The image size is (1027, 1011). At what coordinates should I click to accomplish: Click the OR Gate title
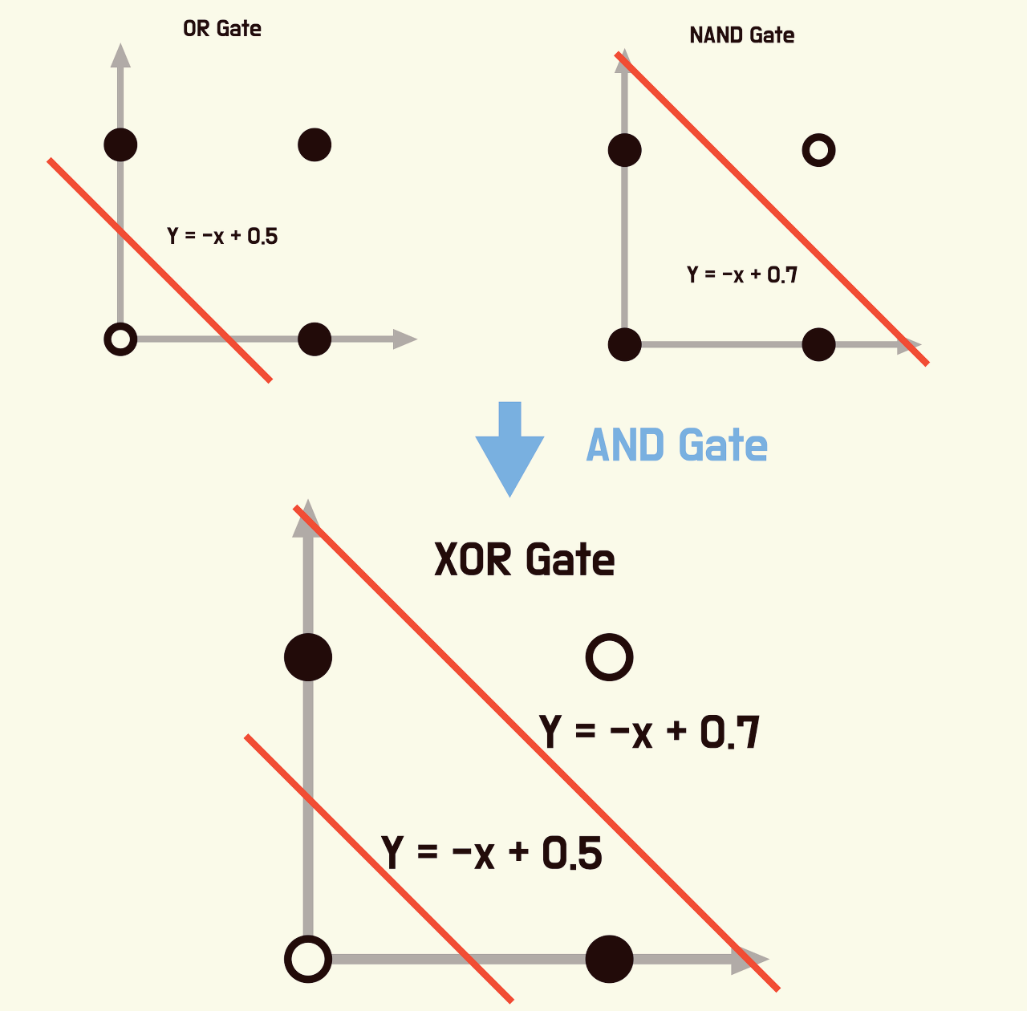coord(222,29)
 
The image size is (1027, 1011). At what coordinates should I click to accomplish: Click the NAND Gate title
coord(742,35)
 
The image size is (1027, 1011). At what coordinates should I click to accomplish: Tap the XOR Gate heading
coord(525,559)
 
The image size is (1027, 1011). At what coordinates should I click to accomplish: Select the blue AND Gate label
coord(677,445)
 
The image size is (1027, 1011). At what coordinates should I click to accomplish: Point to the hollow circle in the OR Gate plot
coord(120,339)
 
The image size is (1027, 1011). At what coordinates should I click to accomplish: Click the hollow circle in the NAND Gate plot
coord(818,150)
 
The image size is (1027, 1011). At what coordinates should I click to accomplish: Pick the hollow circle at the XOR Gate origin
coord(308,959)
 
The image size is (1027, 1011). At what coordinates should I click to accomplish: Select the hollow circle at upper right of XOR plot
coord(610,657)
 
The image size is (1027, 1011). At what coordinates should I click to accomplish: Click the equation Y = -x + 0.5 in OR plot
coord(222,236)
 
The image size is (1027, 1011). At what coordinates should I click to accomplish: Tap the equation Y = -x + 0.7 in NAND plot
coord(742,275)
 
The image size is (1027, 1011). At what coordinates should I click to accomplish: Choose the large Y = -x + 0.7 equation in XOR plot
coord(650,732)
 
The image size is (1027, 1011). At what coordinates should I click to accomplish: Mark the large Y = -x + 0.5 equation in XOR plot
coord(492,852)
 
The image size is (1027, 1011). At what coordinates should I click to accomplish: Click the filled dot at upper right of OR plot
coord(315,145)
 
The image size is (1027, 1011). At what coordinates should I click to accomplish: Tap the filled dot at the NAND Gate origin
coord(625,345)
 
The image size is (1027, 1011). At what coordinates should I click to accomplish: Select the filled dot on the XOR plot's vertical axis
coord(308,657)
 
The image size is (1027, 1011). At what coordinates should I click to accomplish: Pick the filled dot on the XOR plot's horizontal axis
coord(610,959)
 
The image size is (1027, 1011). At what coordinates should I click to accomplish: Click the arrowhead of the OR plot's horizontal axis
coord(405,339)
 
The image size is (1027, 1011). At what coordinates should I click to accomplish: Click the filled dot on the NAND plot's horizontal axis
coord(818,345)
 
